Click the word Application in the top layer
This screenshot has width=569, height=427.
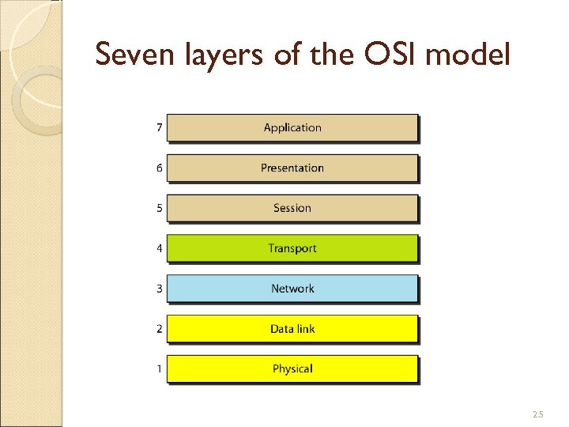tap(292, 127)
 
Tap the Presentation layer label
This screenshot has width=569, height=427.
tap(292, 168)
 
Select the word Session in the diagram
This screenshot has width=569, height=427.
tap(292, 208)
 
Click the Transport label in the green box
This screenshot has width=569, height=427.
tap(292, 248)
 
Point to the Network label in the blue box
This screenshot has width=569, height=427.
tap(292, 289)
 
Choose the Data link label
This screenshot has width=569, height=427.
tap(292, 329)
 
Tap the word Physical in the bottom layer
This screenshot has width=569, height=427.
tap(292, 368)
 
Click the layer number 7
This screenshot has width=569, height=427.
tap(159, 127)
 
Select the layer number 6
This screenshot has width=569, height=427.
tap(159, 168)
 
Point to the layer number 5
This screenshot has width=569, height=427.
tap(159, 208)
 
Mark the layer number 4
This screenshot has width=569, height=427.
tap(159, 248)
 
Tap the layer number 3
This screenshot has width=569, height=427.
tap(159, 289)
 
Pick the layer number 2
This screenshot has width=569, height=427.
tap(159, 329)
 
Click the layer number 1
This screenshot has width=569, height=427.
tap(159, 368)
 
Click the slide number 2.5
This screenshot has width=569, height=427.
tap(538, 414)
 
